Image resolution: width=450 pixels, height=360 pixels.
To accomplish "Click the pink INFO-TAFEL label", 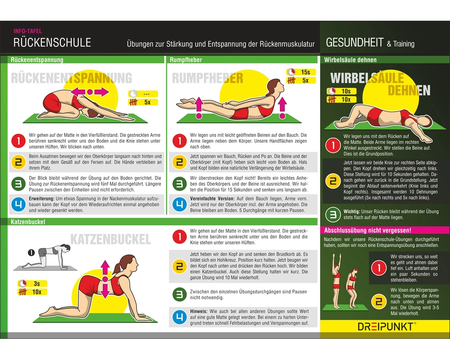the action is (27, 31).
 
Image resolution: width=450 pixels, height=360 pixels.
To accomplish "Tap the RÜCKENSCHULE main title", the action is (52, 42).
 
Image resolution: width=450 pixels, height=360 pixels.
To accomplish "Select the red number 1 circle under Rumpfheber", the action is (180, 141).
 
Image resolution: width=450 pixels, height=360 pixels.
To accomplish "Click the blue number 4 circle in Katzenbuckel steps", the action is (180, 317).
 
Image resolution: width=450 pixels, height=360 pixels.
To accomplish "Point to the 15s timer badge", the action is (301, 72).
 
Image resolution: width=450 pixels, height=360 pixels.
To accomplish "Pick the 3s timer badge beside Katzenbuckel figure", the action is (32, 283).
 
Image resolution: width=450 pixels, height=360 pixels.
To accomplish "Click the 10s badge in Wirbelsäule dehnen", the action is (342, 91).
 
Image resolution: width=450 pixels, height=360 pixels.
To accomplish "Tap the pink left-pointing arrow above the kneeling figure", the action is (78, 92).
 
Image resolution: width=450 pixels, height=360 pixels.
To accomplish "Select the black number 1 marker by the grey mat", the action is (31, 252).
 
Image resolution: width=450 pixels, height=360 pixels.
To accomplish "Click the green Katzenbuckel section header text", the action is (28, 222).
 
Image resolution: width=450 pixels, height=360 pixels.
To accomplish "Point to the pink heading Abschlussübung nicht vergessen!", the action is (368, 230).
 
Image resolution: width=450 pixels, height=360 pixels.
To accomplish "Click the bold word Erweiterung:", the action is (41, 198).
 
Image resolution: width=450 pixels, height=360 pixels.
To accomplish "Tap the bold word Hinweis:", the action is (198, 311).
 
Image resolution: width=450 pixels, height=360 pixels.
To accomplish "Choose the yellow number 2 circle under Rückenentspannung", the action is (18, 162).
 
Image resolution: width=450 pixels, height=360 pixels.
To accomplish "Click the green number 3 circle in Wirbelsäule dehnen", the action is (333, 215).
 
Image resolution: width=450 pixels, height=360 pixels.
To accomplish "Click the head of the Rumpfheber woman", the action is (275, 86).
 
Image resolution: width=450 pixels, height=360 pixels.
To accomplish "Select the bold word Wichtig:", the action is (351, 211).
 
